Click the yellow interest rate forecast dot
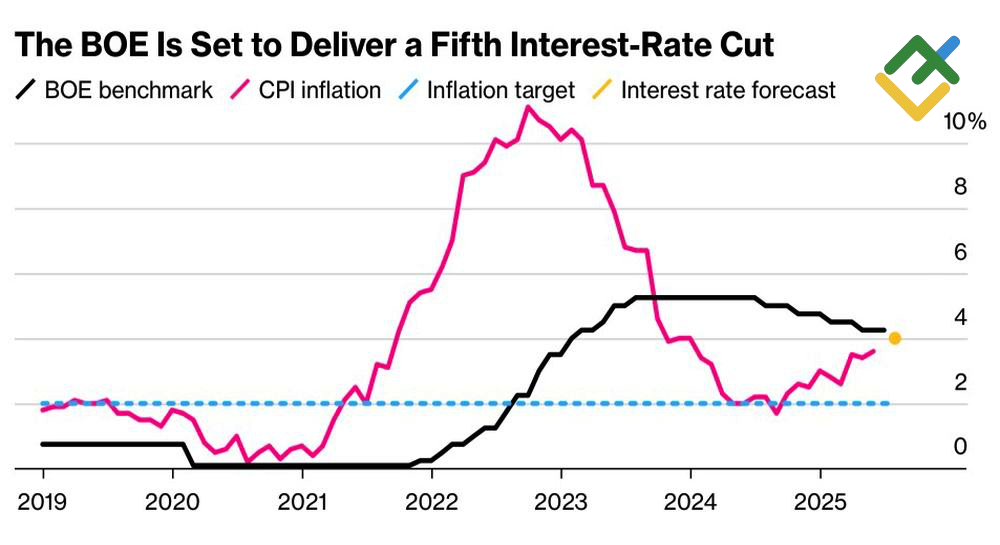click(894, 338)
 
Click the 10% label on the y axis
click(964, 122)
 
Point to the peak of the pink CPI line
click(527, 108)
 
